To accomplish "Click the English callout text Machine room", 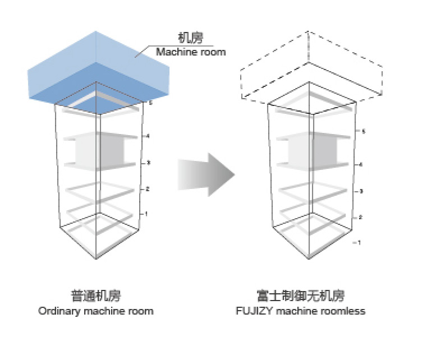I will click(x=191, y=52).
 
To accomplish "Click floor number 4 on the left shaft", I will click(x=148, y=136).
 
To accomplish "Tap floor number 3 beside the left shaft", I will click(x=148, y=163).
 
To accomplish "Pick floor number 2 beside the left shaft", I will click(x=147, y=189).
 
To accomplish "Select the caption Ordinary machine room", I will click(x=96, y=311).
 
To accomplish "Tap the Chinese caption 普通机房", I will click(x=96, y=296).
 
